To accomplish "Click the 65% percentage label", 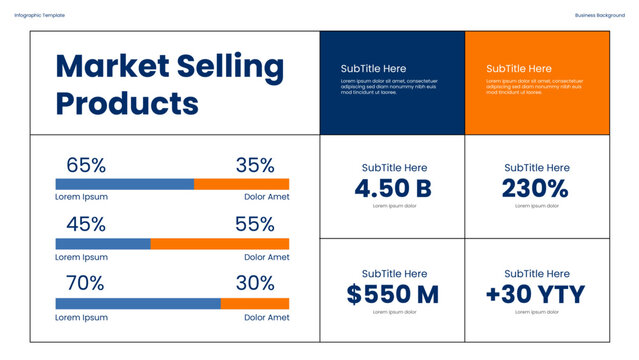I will pos(86,166).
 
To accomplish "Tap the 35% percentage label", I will pos(254,166).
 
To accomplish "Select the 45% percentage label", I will pos(86,225).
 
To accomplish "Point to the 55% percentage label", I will pos(254,225).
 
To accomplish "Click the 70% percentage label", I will pos(85,284).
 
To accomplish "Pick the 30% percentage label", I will pos(254,284).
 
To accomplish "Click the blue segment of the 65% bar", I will pos(124,184).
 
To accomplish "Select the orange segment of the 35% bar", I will pos(241,184).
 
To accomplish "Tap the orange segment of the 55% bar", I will pos(219,244).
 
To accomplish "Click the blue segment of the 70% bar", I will pos(137,304).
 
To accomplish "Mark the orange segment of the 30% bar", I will pos(255,304).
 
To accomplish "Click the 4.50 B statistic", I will pos(393,189).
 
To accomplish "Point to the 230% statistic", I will pos(536,189).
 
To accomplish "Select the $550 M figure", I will pos(393,294).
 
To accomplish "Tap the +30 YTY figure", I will pos(536,294).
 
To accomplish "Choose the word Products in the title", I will pos(127,103).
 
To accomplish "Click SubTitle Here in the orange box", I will pos(519,68).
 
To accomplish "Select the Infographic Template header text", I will pos(39,15).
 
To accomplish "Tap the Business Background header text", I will pos(600,15).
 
